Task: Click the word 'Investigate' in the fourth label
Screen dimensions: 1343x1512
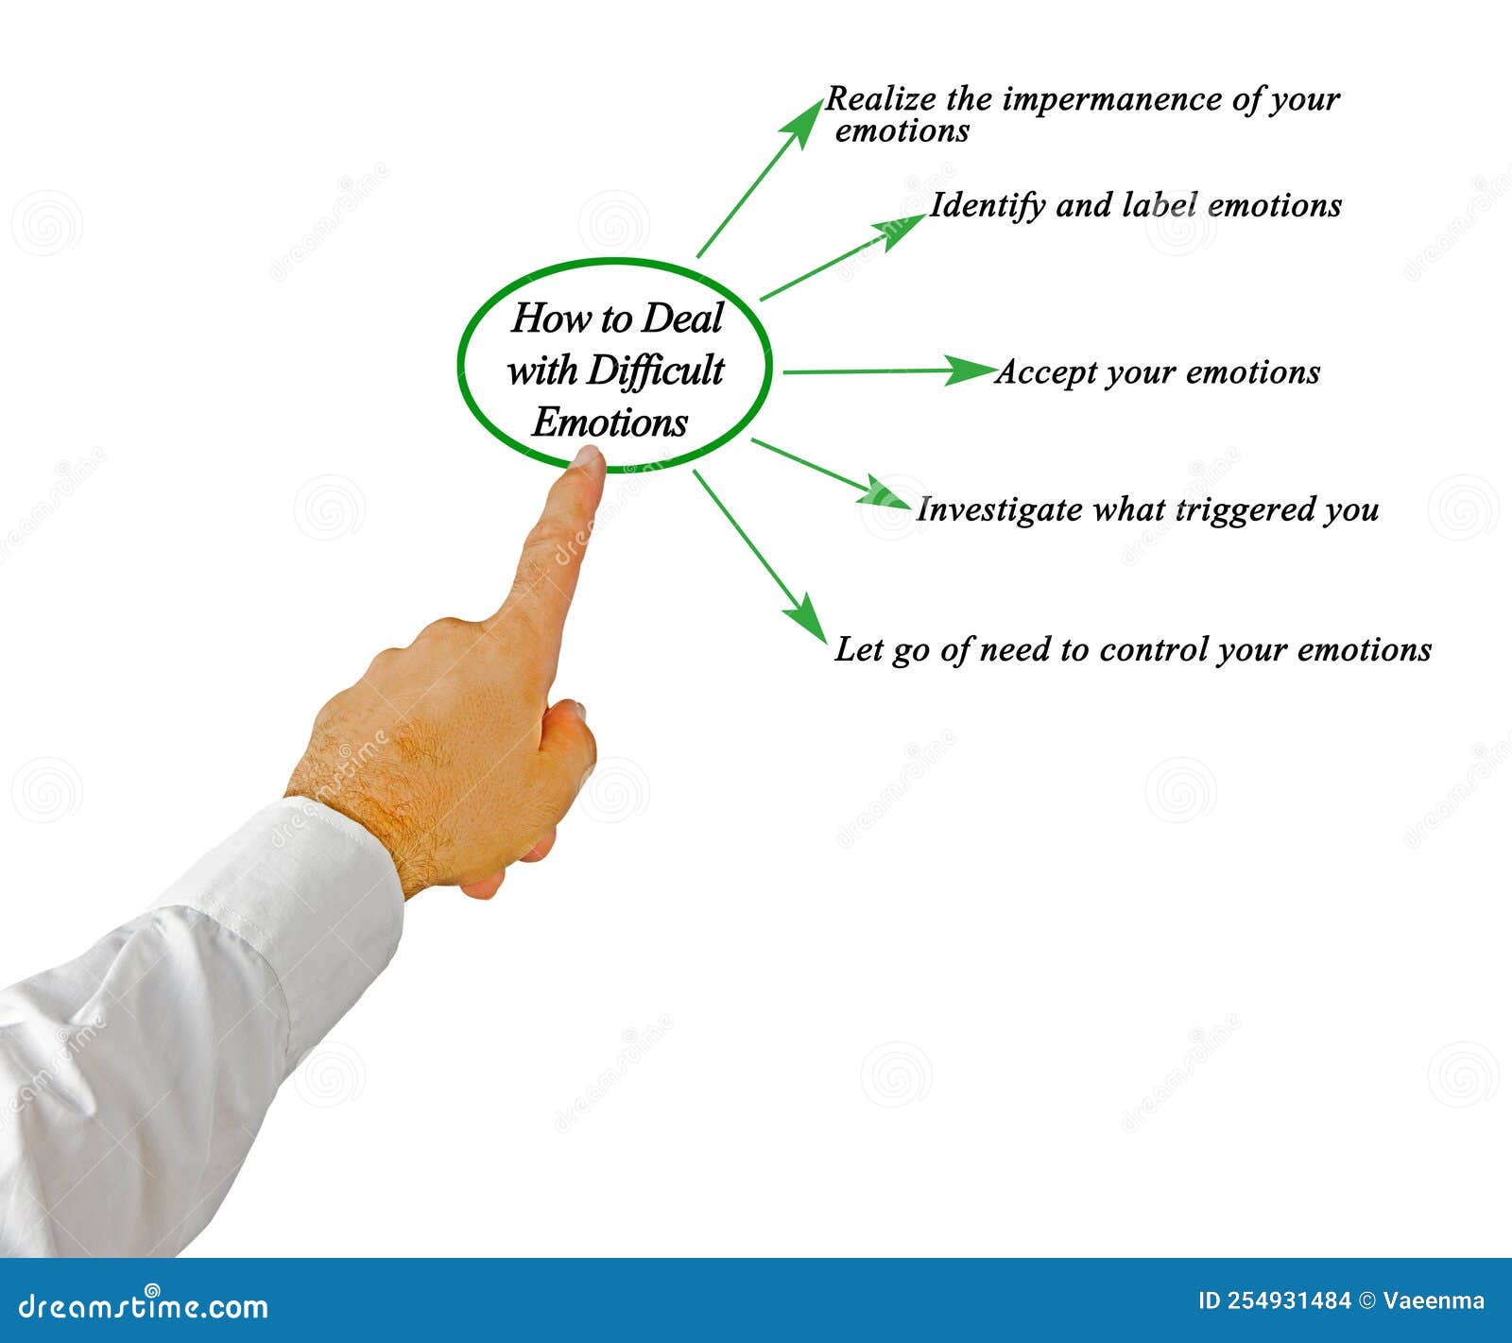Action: [999, 510]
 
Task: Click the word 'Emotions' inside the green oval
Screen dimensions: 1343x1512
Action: [610, 422]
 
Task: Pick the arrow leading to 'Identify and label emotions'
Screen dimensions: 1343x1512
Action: [841, 257]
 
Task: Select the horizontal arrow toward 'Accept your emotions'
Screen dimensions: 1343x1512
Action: [888, 371]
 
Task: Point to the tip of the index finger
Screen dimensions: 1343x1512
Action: [587, 458]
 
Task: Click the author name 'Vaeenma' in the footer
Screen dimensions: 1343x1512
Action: [1433, 1301]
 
